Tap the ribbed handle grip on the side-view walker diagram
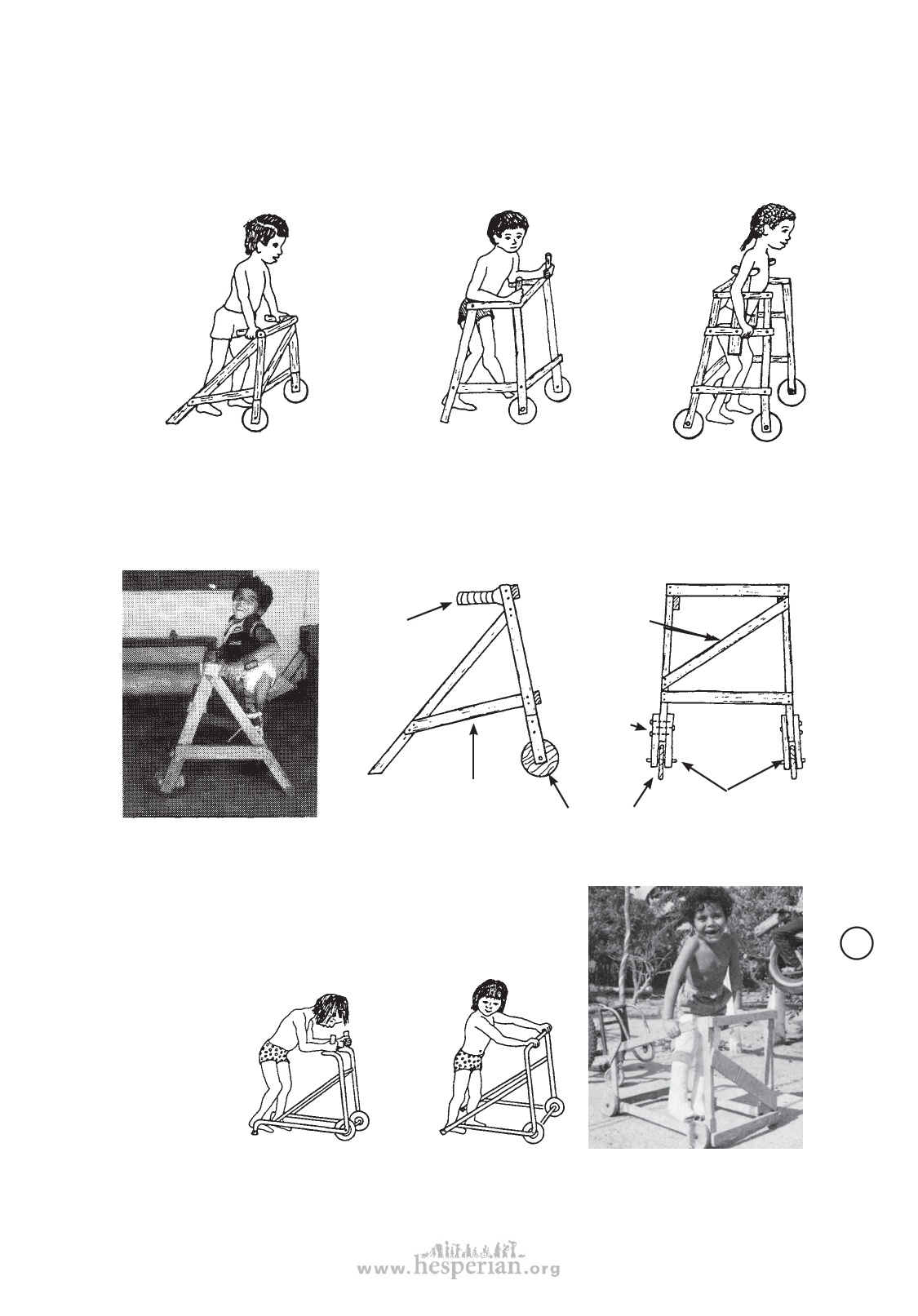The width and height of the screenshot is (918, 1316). pyautogui.click(x=480, y=600)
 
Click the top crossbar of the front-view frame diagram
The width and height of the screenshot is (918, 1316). pyautogui.click(x=728, y=590)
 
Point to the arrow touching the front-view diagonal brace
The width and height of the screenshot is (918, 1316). pyautogui.click(x=683, y=629)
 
